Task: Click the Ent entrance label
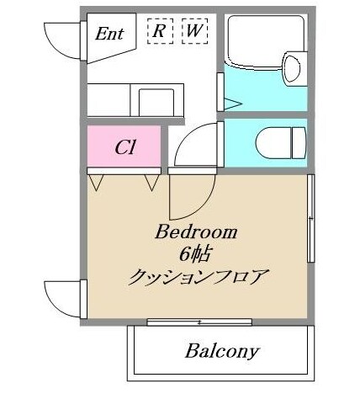tap(110, 34)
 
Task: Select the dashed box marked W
tap(193, 30)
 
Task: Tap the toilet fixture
tap(282, 140)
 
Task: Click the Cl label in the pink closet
tap(126, 146)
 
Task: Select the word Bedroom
tap(197, 232)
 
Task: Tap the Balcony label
tap(222, 350)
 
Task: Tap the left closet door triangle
tap(97, 180)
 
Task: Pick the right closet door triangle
tap(152, 180)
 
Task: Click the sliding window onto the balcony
tap(199, 322)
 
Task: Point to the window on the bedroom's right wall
tap(310, 219)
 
